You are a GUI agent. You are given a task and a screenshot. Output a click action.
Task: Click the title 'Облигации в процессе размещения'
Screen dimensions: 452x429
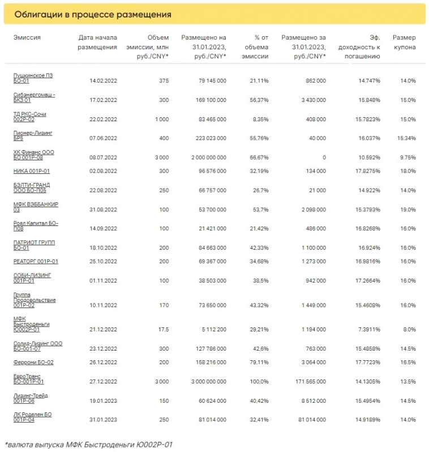click(x=93, y=14)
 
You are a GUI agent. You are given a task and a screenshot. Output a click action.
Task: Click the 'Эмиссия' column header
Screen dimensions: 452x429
click(x=27, y=37)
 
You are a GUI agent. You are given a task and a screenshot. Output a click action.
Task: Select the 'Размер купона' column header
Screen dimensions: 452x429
click(x=404, y=42)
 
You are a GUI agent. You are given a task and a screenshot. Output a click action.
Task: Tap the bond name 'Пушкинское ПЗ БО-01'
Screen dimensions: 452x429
click(x=33, y=78)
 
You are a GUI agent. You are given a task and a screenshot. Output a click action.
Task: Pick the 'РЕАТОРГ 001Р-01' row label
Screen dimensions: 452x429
click(x=36, y=262)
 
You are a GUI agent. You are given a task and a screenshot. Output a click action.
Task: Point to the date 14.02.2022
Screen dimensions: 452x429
click(x=103, y=81)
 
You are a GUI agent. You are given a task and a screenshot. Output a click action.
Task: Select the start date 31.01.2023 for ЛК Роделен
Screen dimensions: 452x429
click(x=103, y=419)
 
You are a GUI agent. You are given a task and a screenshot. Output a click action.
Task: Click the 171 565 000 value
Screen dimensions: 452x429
click(x=305, y=382)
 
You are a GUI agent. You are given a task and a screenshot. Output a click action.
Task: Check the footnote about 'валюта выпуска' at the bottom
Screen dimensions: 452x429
click(x=88, y=444)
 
